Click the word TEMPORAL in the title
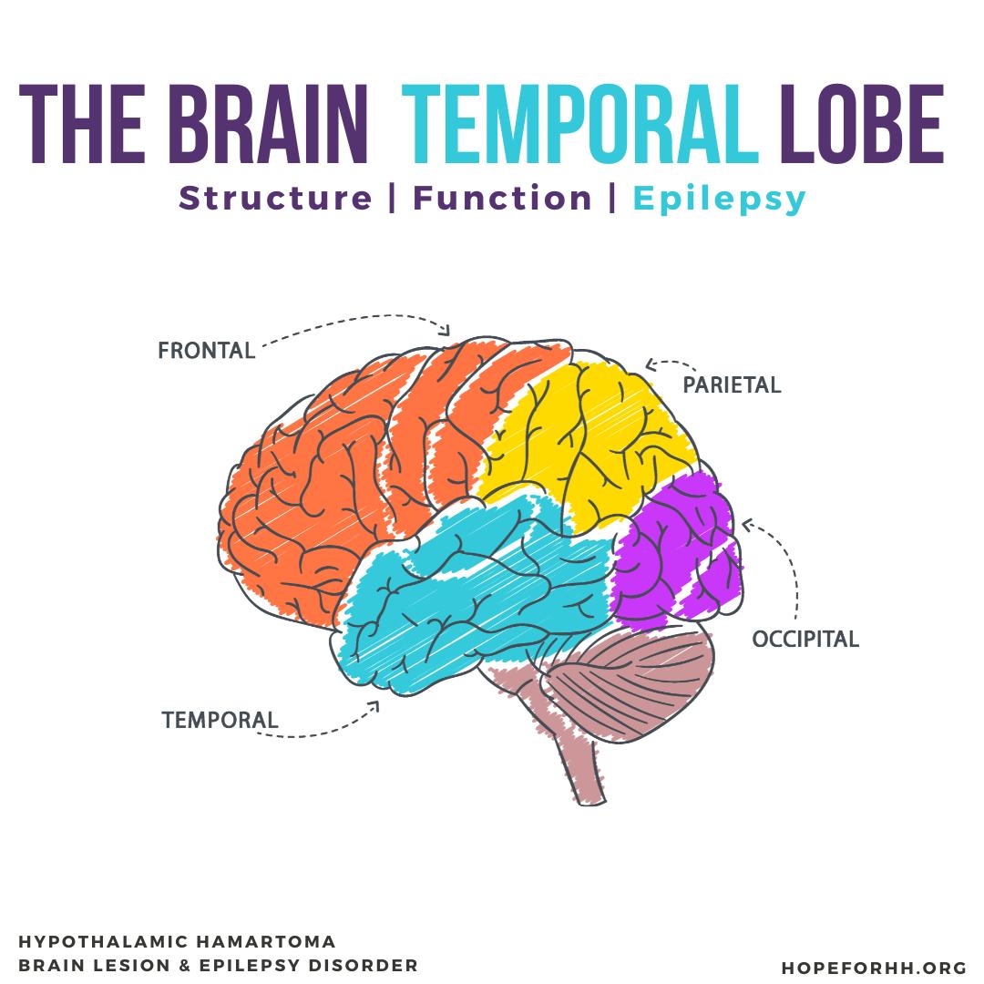580,124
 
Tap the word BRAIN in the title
268,124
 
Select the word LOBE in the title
862,124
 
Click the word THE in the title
82,124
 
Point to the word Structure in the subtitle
275,199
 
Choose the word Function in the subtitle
502,199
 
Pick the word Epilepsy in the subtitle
719,200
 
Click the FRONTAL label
207,350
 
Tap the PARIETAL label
732,384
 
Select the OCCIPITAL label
805,639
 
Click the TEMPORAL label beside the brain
220,720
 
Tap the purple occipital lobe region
674,552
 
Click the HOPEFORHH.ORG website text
874,968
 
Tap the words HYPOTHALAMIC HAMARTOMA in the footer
177,941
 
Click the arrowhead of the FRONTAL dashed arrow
446,330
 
